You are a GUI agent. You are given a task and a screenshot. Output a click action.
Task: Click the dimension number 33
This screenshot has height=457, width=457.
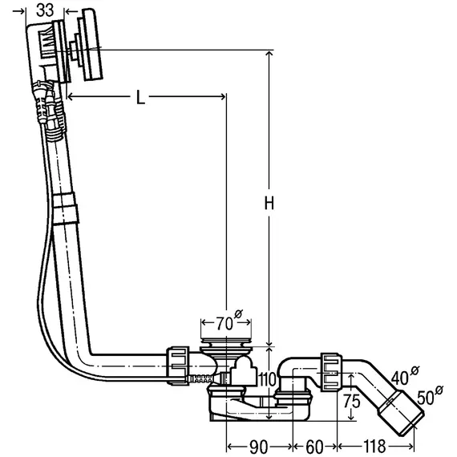point(45,10)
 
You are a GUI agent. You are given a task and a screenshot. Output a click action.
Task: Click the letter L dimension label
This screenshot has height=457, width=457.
point(140,97)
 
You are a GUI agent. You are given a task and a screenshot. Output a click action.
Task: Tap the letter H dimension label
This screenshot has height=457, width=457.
point(269,203)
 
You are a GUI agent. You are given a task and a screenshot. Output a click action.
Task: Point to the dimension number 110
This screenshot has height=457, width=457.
point(267,379)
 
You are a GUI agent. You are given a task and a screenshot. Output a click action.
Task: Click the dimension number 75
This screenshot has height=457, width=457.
point(351,402)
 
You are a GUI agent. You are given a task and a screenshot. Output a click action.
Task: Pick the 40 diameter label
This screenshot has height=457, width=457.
point(405,375)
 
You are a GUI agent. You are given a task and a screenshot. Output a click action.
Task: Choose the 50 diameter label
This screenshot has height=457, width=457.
point(430,395)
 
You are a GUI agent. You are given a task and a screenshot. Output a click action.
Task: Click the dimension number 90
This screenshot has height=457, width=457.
point(259,447)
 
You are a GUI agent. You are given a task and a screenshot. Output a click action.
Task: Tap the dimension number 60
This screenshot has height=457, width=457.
point(314,447)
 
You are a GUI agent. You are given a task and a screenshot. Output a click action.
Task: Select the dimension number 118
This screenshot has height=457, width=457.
point(374,447)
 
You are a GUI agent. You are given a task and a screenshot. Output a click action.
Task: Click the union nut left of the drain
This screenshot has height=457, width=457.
point(177,366)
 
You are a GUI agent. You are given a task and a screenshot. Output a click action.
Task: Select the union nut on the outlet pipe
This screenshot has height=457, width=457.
point(331,371)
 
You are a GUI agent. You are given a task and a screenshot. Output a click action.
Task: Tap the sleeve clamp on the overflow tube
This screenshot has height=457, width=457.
point(66,208)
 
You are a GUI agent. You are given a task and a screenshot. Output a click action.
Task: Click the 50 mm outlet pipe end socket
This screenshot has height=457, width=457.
point(402,412)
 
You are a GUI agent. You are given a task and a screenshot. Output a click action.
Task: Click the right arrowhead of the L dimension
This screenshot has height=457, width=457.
point(223,96)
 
